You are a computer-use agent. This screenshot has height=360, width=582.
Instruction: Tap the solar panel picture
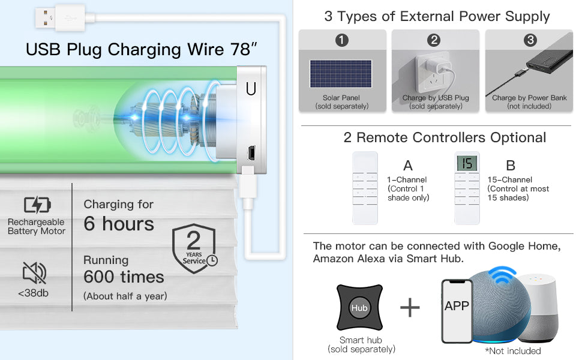[340, 76]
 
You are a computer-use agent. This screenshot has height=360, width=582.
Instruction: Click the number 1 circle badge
[342, 41]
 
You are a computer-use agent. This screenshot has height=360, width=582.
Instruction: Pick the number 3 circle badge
[530, 41]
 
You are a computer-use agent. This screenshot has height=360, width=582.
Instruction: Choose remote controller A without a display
[364, 188]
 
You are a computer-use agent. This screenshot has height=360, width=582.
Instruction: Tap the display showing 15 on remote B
[467, 163]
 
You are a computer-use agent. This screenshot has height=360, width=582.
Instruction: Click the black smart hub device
[359, 308]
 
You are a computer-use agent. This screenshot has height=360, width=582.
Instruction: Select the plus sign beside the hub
[410, 308]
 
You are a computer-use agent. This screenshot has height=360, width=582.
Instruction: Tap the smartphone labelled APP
[457, 310]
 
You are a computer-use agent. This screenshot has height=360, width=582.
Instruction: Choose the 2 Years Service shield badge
[194, 248]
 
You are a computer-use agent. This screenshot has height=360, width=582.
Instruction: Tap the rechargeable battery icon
[37, 205]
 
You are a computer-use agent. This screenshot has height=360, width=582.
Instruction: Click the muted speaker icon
[34, 272]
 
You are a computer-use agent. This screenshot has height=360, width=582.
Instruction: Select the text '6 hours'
[119, 224]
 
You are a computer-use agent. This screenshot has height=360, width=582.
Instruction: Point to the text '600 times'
[124, 277]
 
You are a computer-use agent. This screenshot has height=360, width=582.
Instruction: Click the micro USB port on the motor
[251, 152]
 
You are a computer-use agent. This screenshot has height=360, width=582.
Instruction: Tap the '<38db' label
[34, 293]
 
